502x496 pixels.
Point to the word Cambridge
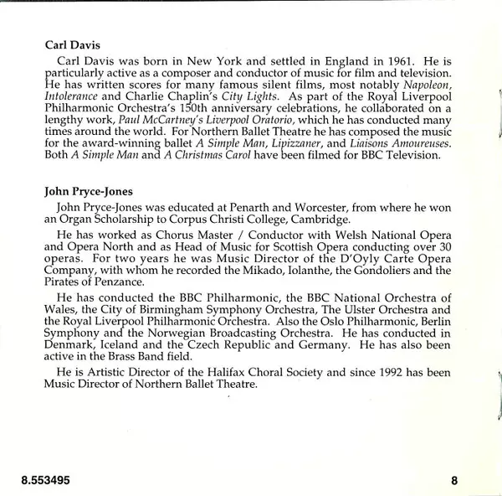(303, 219)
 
